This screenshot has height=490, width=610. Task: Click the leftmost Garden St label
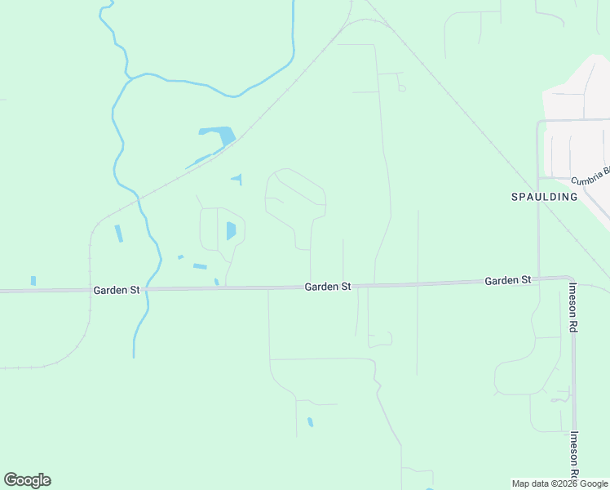[117, 290]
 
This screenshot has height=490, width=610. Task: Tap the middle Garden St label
[328, 287]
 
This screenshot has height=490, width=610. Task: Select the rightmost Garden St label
[507, 280]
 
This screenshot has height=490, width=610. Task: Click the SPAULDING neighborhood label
[544, 197]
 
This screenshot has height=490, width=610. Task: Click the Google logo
[27, 480]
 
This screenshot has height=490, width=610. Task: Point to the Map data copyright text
[560, 483]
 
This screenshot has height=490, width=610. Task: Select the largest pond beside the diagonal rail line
[218, 135]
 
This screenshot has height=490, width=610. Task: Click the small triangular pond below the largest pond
[237, 179]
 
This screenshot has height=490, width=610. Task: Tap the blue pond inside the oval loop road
[231, 230]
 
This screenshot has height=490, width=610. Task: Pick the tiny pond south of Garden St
[310, 422]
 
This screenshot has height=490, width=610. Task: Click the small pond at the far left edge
[33, 281]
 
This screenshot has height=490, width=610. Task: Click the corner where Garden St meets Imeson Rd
[568, 279]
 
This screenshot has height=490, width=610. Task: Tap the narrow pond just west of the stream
[119, 233]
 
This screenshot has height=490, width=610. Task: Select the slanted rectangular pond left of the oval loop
[200, 266]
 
